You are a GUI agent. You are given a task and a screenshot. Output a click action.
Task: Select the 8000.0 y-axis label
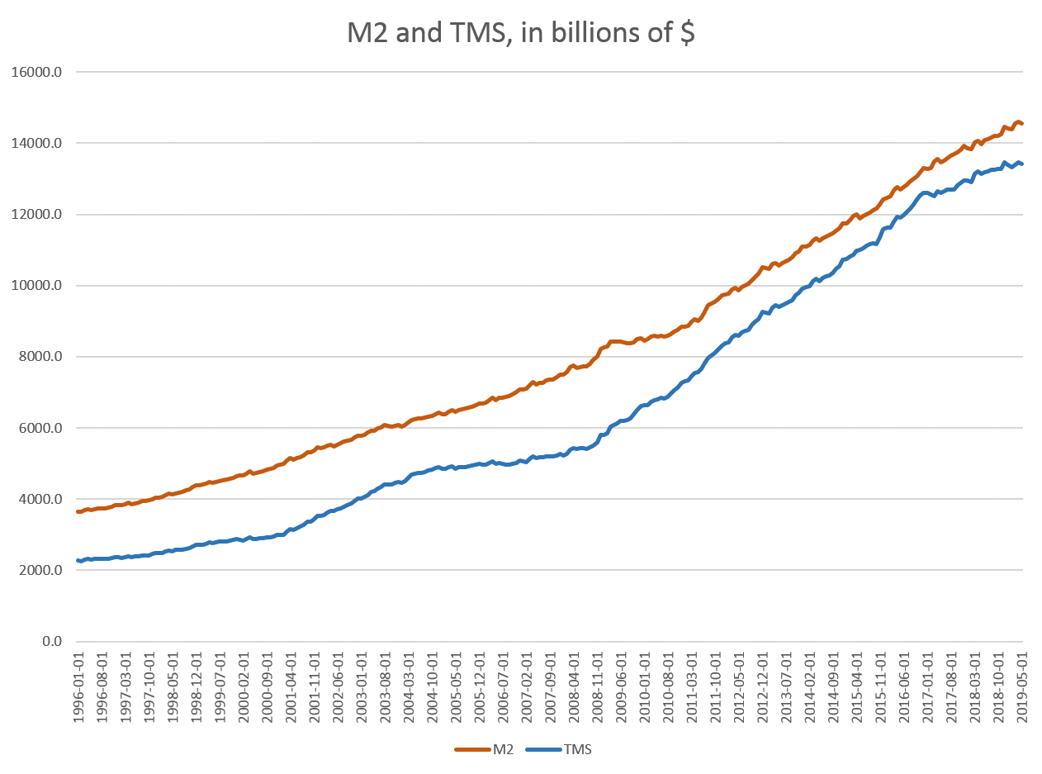(x=40, y=357)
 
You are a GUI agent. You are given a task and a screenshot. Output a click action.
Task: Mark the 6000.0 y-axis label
(x=40, y=428)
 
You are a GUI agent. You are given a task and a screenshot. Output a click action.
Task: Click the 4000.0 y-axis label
(x=40, y=499)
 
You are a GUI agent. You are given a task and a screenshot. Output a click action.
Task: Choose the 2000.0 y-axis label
(x=40, y=571)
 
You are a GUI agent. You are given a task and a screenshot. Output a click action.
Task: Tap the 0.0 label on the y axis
(x=50, y=642)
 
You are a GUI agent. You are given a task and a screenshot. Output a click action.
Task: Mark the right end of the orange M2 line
(x=1022, y=124)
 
